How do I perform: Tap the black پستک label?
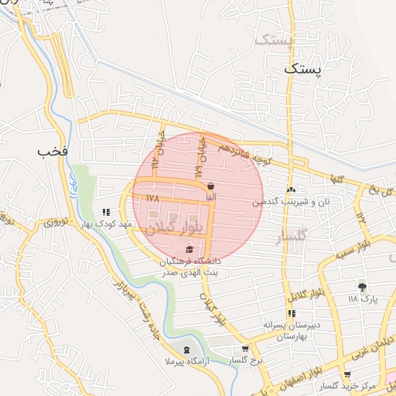pyautogui.click(x=301, y=68)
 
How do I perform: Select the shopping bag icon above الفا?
pyautogui.click(x=211, y=186)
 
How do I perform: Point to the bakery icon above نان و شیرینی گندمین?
pyautogui.click(x=291, y=190)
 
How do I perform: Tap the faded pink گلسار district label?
pyautogui.click(x=292, y=234)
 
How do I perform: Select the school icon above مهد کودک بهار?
pyautogui.click(x=106, y=211)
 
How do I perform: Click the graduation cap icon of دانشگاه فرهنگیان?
pyautogui.click(x=190, y=249)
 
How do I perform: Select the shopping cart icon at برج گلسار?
pyautogui.click(x=245, y=349)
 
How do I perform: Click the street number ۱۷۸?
pyautogui.click(x=152, y=198)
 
